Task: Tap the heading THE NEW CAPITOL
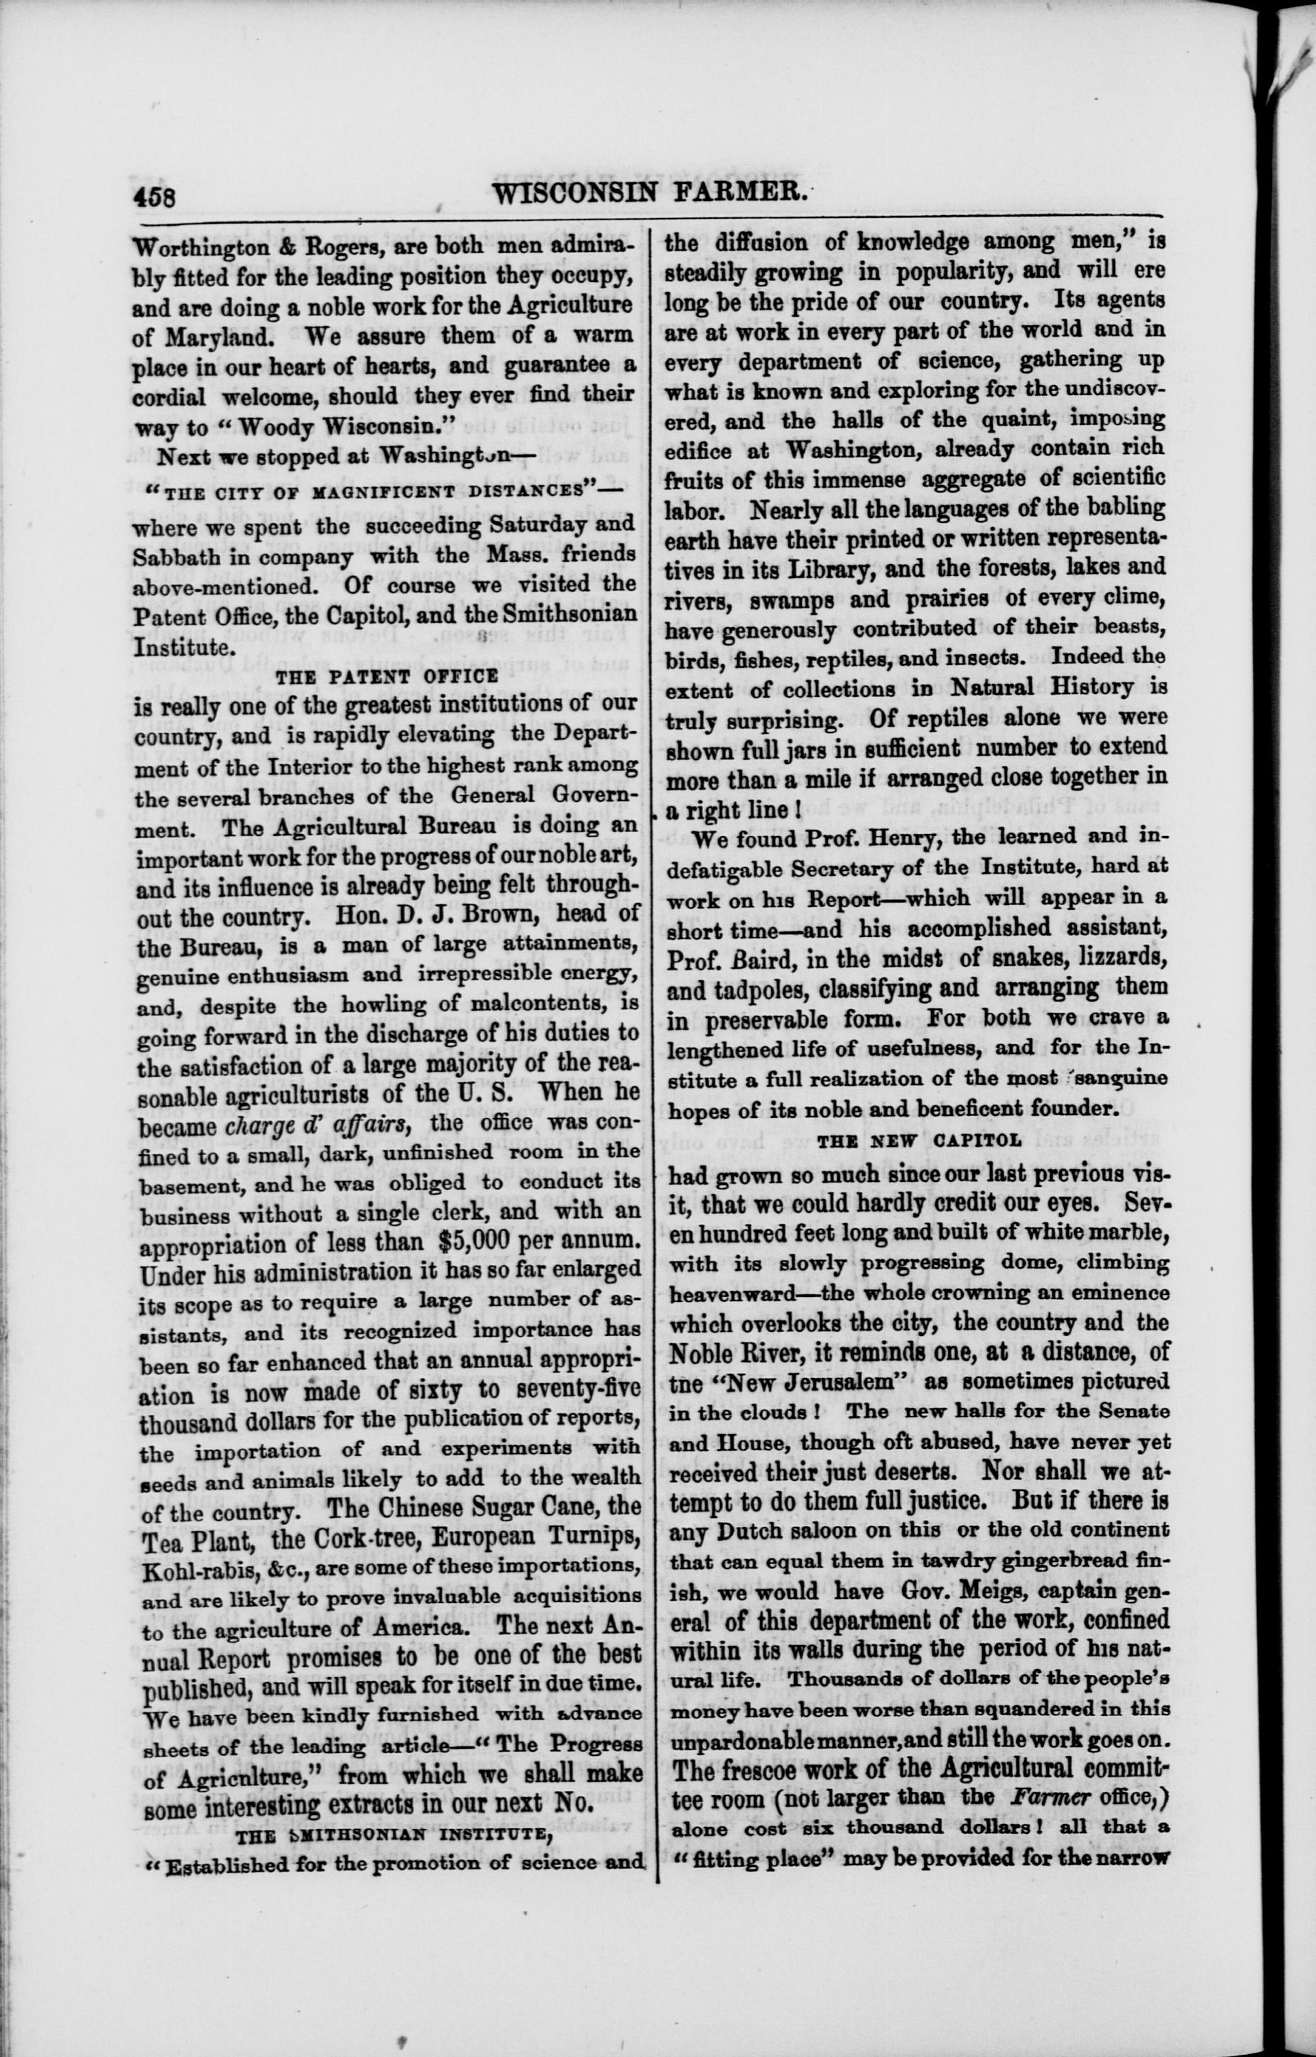click(x=918, y=1140)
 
